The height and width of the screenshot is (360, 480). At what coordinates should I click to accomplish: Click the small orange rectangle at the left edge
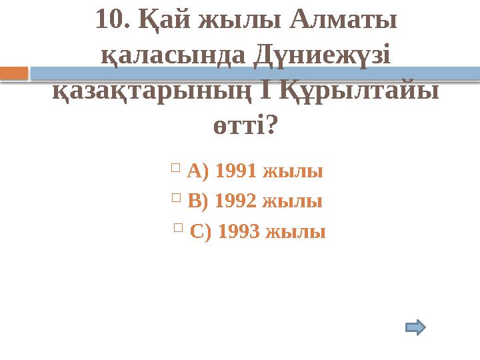13,72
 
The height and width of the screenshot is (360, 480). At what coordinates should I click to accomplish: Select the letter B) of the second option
199,201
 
